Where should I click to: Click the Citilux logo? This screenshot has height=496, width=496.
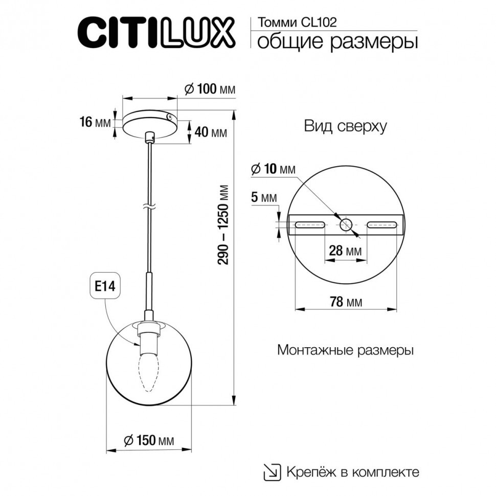(x=155, y=31)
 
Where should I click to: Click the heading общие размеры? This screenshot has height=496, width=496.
(x=337, y=42)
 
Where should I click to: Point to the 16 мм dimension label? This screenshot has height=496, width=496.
(x=95, y=122)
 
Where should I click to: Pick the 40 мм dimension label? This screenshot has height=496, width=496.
(x=211, y=133)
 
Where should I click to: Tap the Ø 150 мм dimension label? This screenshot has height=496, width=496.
(x=149, y=440)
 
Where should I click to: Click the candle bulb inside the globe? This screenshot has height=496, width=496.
(x=149, y=373)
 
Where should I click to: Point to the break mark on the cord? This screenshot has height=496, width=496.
(x=148, y=208)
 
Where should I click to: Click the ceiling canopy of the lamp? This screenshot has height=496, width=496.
(x=148, y=123)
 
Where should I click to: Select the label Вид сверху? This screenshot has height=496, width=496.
(x=345, y=126)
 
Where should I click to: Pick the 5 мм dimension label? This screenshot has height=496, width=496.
(x=264, y=197)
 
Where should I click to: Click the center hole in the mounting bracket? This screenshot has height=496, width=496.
(x=346, y=224)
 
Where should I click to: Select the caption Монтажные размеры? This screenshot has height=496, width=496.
(x=345, y=351)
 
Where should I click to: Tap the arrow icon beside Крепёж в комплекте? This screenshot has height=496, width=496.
(x=272, y=471)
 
